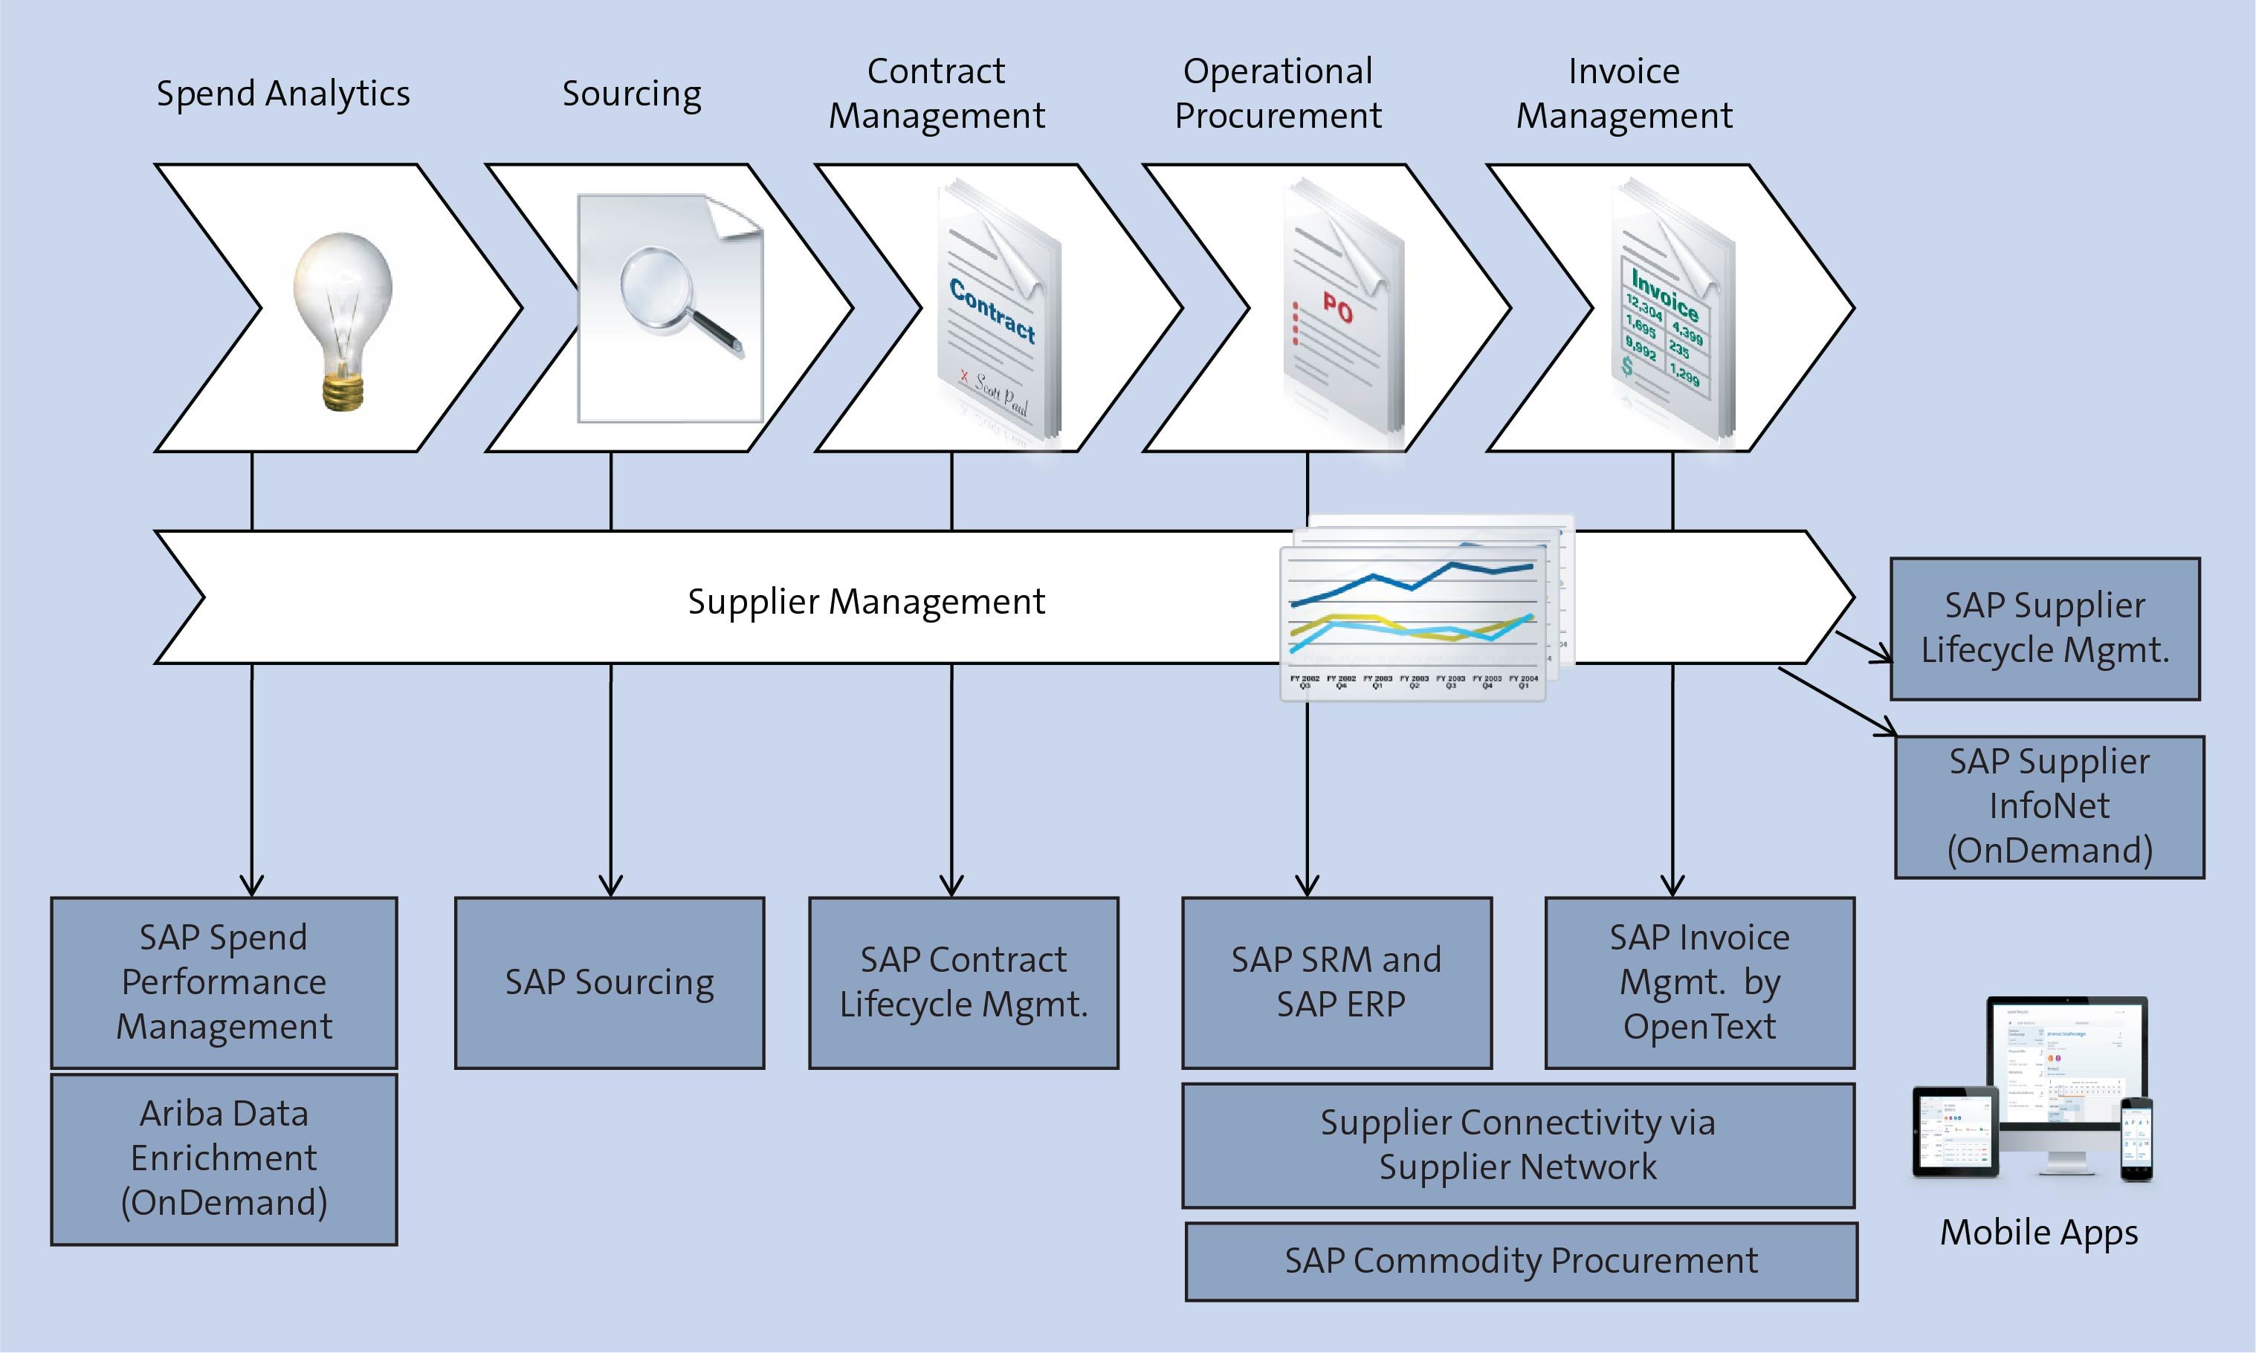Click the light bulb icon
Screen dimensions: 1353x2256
[343, 314]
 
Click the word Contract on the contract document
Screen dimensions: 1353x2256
[992, 311]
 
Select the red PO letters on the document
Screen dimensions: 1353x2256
[1338, 309]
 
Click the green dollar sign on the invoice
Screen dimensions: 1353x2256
[1628, 366]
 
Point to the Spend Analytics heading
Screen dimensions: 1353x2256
[282, 93]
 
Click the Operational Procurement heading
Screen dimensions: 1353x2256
[1278, 93]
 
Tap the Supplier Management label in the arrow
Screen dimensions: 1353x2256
[865, 602]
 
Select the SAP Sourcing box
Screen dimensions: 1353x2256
[609, 982]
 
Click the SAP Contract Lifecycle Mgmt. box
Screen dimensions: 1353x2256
[963, 982]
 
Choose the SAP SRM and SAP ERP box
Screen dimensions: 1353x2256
[1336, 982]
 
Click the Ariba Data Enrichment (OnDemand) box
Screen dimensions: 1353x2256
[224, 1158]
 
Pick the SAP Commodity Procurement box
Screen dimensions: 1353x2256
[1520, 1261]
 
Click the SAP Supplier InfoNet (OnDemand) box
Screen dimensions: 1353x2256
[2049, 806]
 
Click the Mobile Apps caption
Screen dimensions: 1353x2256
[2038, 1232]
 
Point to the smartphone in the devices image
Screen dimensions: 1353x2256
[2136, 1139]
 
